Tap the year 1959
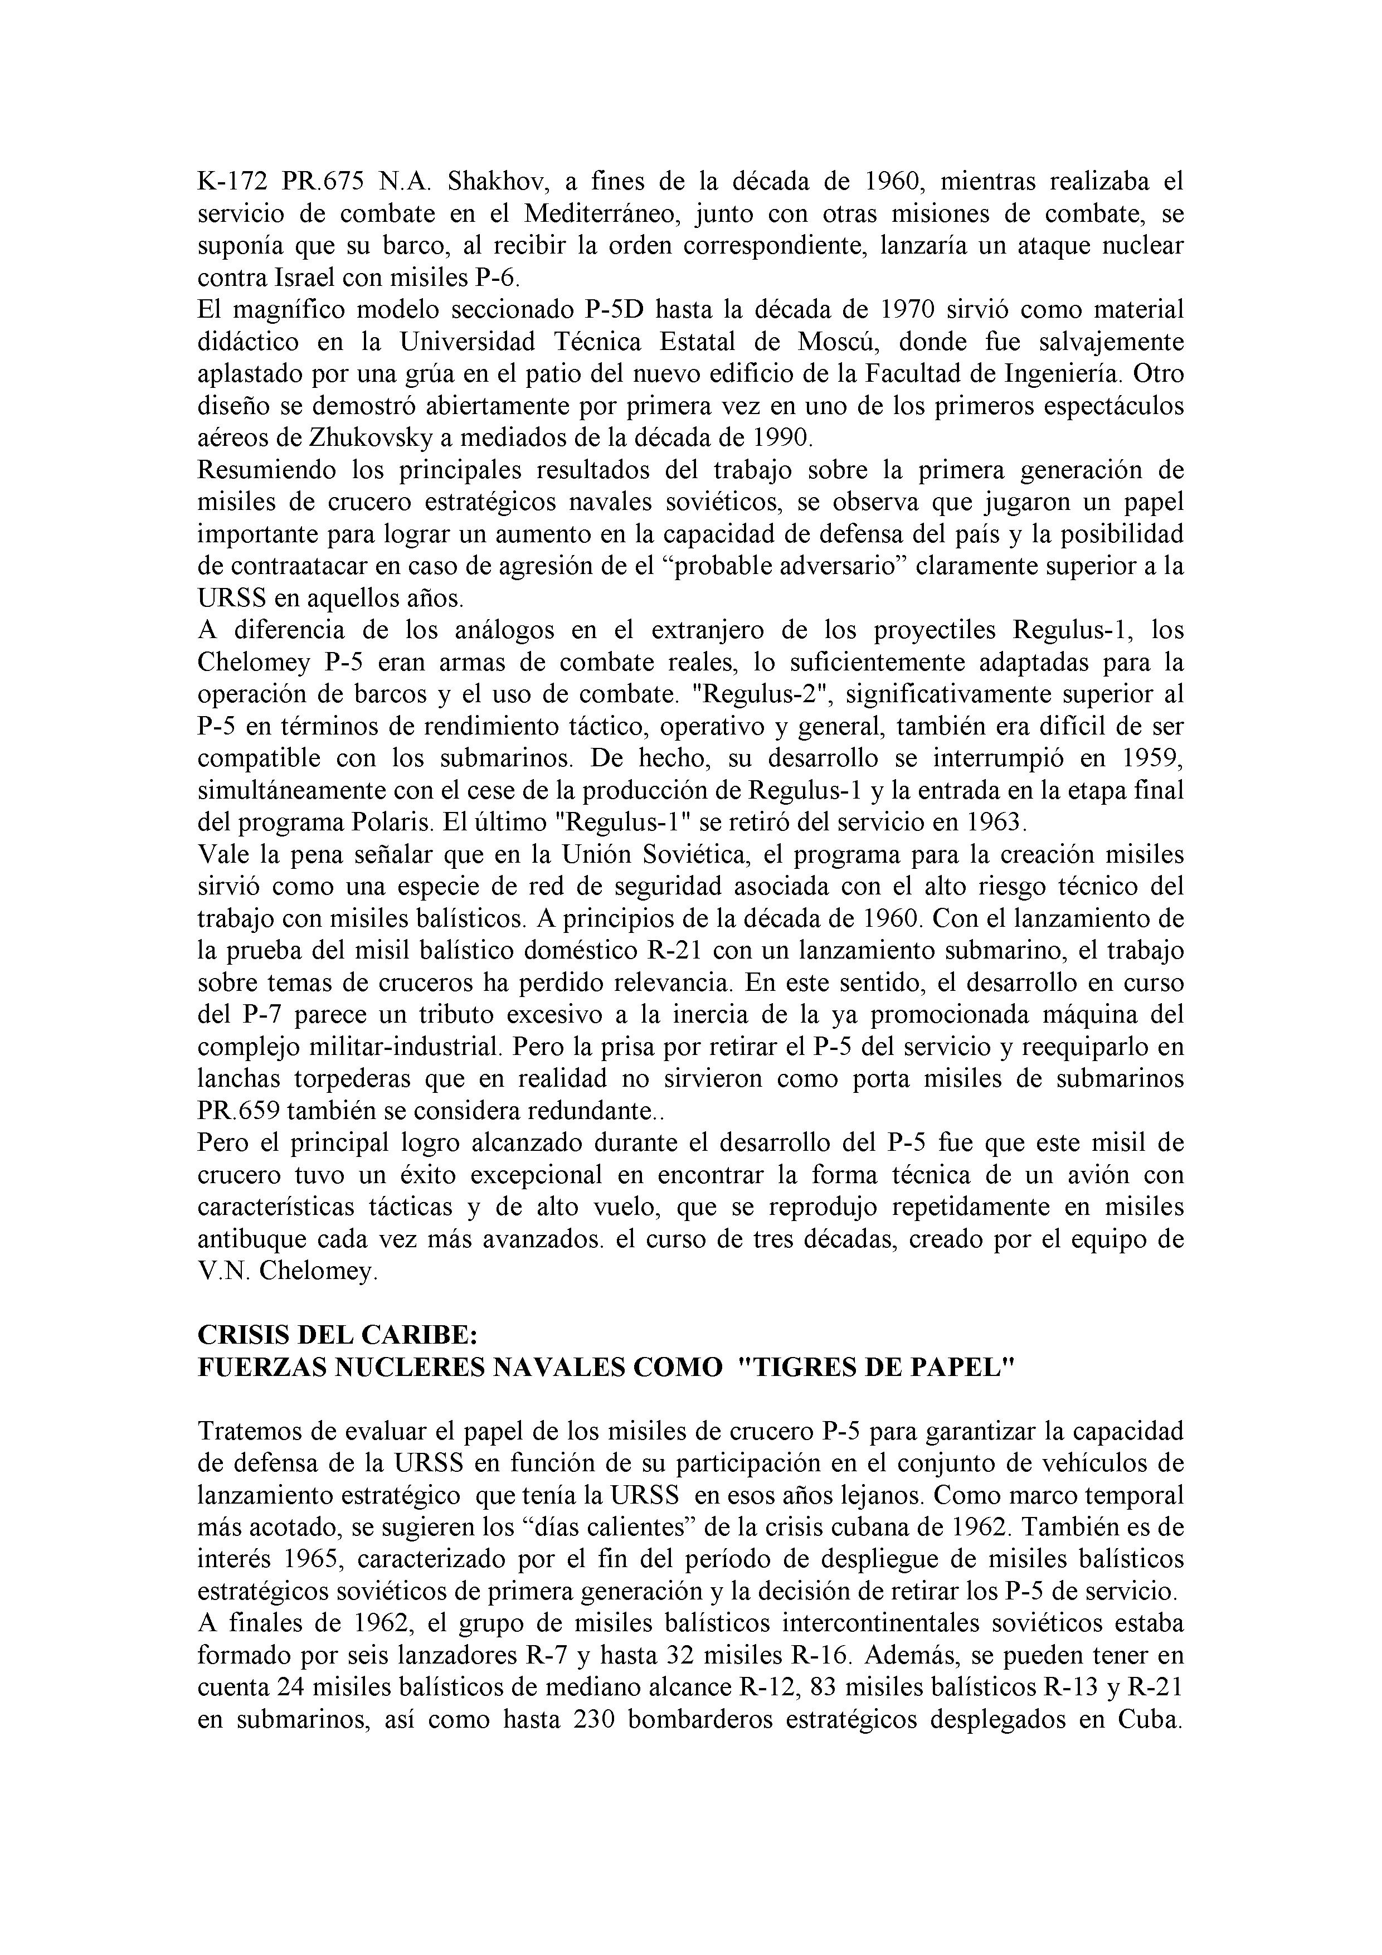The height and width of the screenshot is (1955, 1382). coord(1149,758)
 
